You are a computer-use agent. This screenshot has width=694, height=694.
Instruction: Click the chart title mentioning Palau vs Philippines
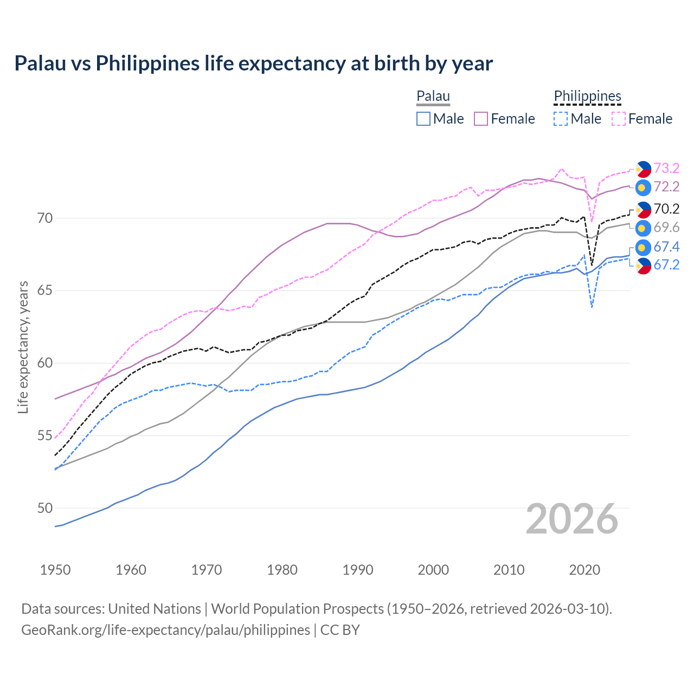pyautogui.click(x=253, y=63)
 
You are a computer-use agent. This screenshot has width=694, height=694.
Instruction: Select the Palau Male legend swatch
pyautogui.click(x=423, y=119)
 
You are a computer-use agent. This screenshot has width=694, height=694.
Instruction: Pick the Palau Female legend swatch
pyautogui.click(x=481, y=119)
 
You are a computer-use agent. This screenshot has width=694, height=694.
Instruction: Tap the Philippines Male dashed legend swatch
pyautogui.click(x=561, y=119)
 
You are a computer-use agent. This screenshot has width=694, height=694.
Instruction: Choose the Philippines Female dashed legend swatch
pyautogui.click(x=619, y=119)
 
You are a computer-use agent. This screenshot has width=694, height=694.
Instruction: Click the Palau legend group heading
pyautogui.click(x=433, y=97)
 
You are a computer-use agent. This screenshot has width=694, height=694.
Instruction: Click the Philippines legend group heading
pyautogui.click(x=587, y=97)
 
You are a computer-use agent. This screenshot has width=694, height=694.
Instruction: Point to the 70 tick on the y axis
pyautogui.click(x=45, y=219)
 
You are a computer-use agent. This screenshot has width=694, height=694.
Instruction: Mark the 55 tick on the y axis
pyautogui.click(x=45, y=436)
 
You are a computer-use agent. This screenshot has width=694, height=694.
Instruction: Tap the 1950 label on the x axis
pyautogui.click(x=55, y=570)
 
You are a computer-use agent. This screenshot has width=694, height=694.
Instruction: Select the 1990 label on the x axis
pyautogui.click(x=358, y=570)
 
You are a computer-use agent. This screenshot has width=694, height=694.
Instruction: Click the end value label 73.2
pyautogui.click(x=666, y=168)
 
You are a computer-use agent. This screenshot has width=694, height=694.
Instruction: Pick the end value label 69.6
pyautogui.click(x=666, y=227)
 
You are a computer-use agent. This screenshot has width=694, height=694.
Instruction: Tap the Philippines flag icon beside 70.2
pyautogui.click(x=643, y=209)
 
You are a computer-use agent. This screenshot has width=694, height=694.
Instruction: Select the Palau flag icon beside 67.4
pyautogui.click(x=643, y=247)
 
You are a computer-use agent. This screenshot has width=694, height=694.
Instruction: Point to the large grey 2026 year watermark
pyautogui.click(x=572, y=519)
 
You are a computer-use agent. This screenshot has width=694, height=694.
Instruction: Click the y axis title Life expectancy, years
pyautogui.click(x=23, y=347)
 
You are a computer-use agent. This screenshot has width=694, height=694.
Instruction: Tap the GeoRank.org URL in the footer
pyautogui.click(x=165, y=630)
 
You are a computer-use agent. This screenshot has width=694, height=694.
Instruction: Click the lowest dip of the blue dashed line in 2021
pyautogui.click(x=592, y=307)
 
